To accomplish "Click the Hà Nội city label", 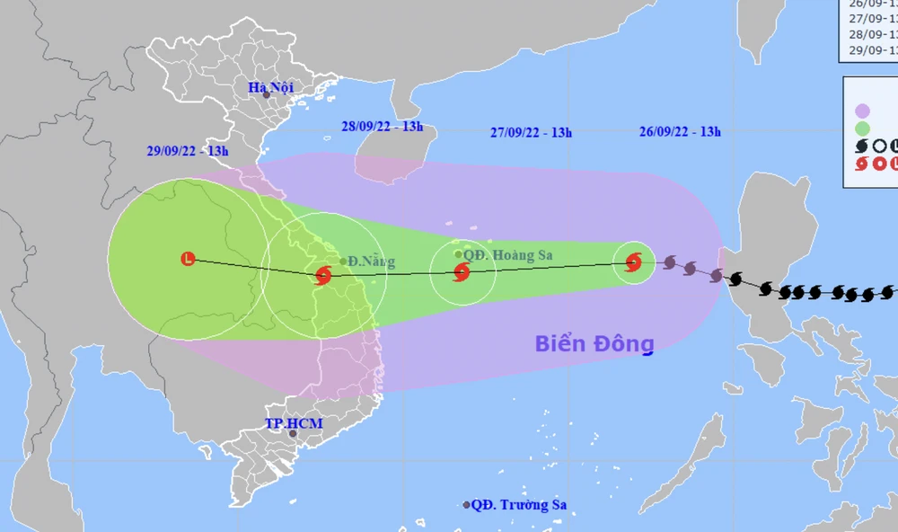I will point(270,87).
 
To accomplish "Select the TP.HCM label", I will point(293,422).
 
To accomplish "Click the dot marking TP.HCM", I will point(293,434).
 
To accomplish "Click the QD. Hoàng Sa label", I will point(508,255).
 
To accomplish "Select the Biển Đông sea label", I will point(594,343).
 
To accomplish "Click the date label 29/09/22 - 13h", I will point(188,151).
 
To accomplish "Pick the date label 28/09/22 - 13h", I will point(382,127).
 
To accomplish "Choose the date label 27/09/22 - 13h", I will point(532,132).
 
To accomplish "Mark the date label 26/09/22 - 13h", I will point(680,131).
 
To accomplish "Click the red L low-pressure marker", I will point(188,259).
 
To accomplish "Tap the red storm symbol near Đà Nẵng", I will point(323,276).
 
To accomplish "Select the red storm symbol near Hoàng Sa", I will point(462,272).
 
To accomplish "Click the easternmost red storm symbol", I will point(633,262).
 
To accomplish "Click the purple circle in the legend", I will point(862,111).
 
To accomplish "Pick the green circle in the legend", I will point(862,129).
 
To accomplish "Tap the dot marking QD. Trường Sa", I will point(466,505).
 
